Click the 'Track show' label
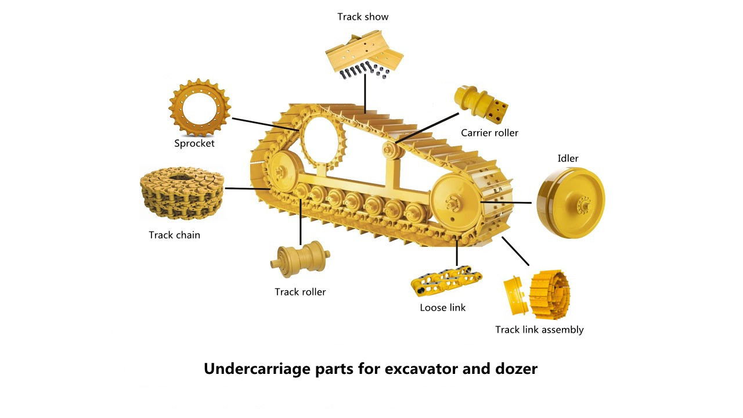pyautogui.click(x=363, y=17)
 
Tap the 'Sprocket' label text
pyautogui.click(x=194, y=143)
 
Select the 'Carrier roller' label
pyautogui.click(x=489, y=133)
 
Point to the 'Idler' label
pyautogui.click(x=568, y=158)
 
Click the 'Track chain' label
pyautogui.click(x=174, y=235)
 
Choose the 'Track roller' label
pyautogui.click(x=300, y=292)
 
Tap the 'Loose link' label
pyautogui.click(x=442, y=308)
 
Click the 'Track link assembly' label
pyautogui.click(x=539, y=330)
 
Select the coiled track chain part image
pyautogui.click(x=181, y=193)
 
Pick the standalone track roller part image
pyautogui.click(x=300, y=258)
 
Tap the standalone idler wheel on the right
pyautogui.click(x=571, y=203)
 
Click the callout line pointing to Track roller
pyautogui.click(x=301, y=224)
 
